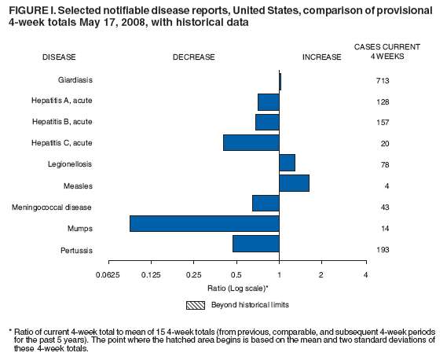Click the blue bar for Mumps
tap(204, 223)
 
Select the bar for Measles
tap(294, 182)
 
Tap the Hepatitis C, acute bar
tap(251, 142)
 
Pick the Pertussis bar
tap(255, 244)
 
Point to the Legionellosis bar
tap(287, 163)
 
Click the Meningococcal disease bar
tap(266, 203)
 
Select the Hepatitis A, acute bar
tap(268, 101)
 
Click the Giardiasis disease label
tap(75, 81)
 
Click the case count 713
tap(383, 81)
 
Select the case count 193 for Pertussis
tap(383, 250)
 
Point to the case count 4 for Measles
tap(383, 186)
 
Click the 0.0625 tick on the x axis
tap(108, 275)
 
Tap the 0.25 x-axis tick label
tap(193, 275)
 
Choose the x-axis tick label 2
tap(321, 275)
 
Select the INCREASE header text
tap(321, 57)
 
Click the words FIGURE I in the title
tap(27, 9)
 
